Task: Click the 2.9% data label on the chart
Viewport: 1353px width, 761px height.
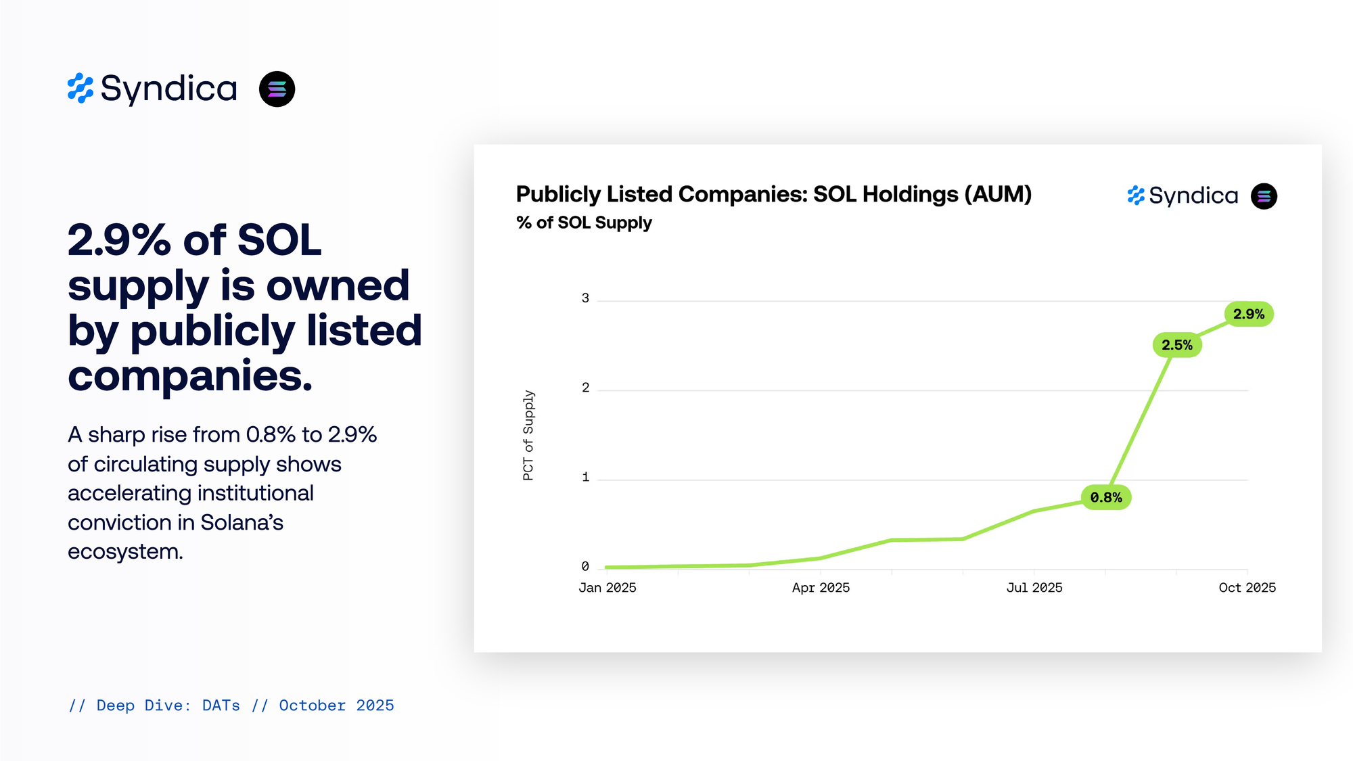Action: pos(1249,314)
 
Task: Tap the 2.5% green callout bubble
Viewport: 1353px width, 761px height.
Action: pos(1177,345)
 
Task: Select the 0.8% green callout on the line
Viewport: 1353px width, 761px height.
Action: pos(1106,498)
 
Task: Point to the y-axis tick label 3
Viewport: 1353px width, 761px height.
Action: pos(585,298)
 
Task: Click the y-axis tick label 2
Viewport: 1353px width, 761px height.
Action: pos(585,388)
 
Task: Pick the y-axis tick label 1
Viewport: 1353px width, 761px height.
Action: pos(585,477)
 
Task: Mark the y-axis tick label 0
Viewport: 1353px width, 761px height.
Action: pos(585,566)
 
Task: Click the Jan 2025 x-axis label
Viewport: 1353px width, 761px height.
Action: pos(607,588)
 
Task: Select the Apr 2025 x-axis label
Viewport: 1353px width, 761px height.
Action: pos(821,588)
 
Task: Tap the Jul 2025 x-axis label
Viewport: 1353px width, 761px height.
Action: pos(1034,588)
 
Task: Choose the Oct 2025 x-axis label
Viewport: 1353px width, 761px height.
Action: pos(1247,588)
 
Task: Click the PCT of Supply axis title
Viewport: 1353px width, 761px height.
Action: pos(528,435)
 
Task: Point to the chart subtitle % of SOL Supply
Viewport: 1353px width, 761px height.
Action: pos(584,223)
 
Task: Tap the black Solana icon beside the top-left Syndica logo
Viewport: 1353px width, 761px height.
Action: pos(277,89)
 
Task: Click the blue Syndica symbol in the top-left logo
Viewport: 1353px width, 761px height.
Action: pos(81,89)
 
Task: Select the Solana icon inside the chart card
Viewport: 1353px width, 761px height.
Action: pos(1264,196)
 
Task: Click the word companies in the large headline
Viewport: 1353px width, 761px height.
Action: pos(190,376)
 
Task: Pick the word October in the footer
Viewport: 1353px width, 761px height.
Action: pos(312,706)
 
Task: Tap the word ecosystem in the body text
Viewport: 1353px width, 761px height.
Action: pos(125,552)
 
